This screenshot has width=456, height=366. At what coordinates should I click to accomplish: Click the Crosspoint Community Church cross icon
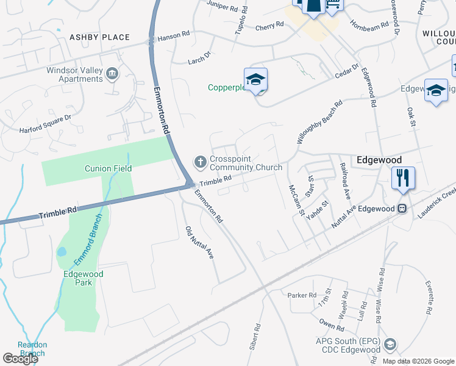(x=200, y=162)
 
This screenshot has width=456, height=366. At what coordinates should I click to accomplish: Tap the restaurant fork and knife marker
(x=403, y=178)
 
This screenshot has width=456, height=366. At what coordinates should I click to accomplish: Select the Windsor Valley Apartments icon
(x=112, y=74)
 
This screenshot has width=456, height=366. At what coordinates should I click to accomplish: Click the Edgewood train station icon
(x=402, y=209)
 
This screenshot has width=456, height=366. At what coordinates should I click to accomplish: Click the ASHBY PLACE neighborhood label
(x=99, y=37)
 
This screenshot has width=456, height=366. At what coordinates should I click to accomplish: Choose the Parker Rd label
(x=302, y=295)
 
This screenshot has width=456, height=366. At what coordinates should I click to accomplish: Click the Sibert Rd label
(x=254, y=337)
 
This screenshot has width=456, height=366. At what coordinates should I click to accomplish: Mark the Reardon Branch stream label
(x=32, y=349)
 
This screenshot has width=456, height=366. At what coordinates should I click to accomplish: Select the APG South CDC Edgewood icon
(x=390, y=345)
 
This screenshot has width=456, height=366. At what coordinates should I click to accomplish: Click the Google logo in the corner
(x=20, y=359)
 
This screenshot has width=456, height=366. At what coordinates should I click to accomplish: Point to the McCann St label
(x=296, y=201)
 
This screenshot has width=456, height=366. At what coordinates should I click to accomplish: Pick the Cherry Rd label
(x=270, y=25)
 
